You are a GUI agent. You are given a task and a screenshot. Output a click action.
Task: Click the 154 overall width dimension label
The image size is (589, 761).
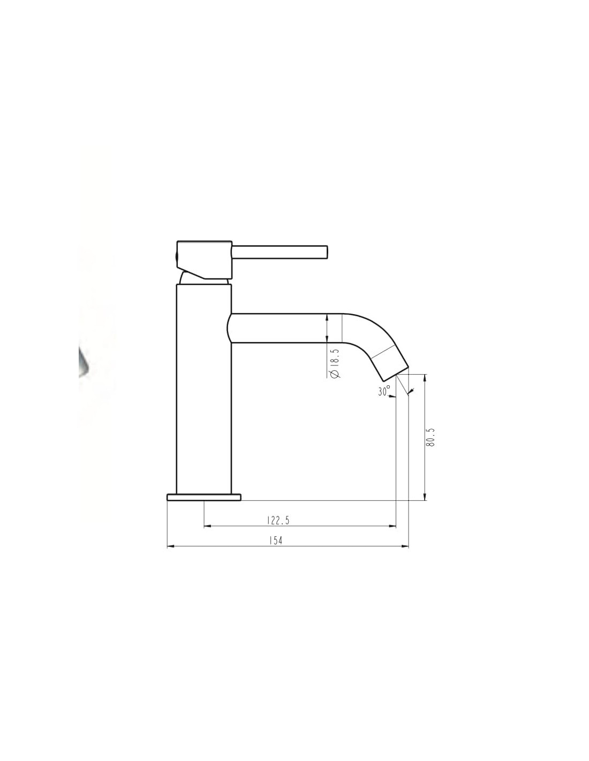(275, 541)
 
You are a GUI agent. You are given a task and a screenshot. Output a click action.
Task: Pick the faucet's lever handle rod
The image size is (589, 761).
(280, 252)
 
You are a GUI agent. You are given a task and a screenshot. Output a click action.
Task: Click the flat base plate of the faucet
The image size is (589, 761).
(204, 497)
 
